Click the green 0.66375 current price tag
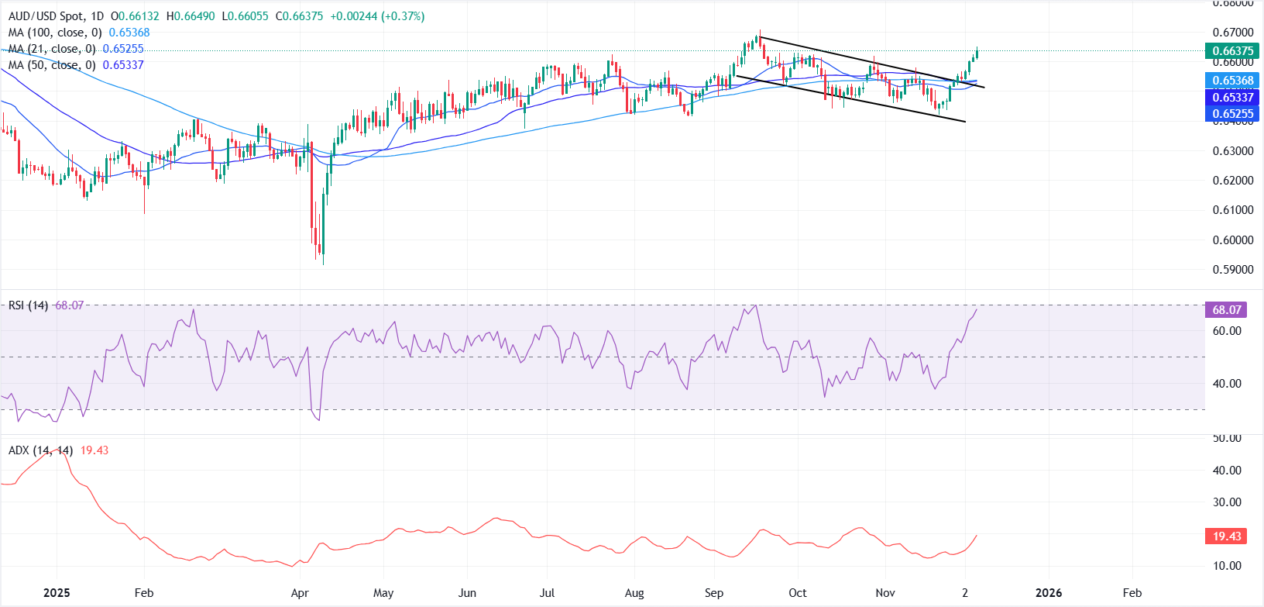click(1231, 51)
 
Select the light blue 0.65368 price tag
click(1231, 81)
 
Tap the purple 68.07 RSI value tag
click(1227, 310)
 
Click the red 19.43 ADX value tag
click(1227, 536)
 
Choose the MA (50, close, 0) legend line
click(76, 65)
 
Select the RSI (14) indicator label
click(28, 305)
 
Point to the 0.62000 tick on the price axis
click(1233, 181)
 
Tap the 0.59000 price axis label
click(1233, 270)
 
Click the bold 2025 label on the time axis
click(57, 593)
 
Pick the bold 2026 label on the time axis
click(1049, 593)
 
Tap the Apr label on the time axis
click(300, 593)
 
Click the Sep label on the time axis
click(714, 593)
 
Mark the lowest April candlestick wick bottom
click(323, 264)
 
